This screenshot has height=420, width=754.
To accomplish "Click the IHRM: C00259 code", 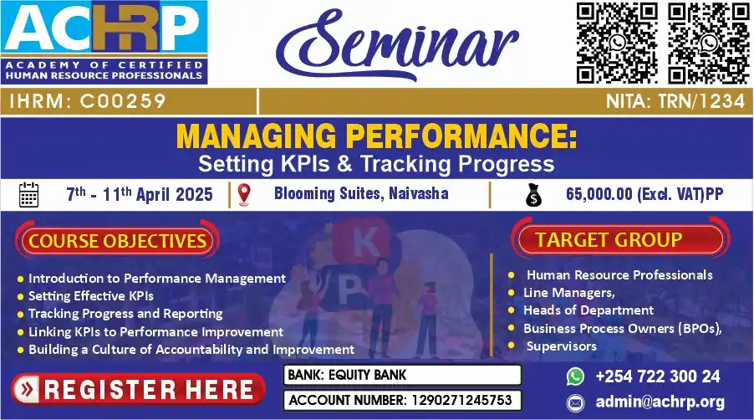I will click(88, 101).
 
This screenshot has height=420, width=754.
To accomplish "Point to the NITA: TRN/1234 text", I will click(676, 101).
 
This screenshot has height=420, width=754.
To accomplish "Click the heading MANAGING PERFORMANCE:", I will click(377, 136).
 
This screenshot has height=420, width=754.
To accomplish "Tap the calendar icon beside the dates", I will click(28, 195).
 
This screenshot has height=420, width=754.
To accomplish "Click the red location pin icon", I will click(245, 195).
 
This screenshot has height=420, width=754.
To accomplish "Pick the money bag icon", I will click(532, 195).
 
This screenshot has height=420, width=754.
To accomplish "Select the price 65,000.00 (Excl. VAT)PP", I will click(644, 195).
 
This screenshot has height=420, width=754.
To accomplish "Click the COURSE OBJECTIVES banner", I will click(117, 241).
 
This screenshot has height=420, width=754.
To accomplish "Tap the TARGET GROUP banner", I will click(609, 239).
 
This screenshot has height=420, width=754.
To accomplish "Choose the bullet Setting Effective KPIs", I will click(91, 295).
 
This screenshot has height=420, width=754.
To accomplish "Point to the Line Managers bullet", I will click(569, 293).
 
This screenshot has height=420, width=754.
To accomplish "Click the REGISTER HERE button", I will click(138, 389).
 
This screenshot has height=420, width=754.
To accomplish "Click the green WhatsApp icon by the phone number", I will click(574, 376).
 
